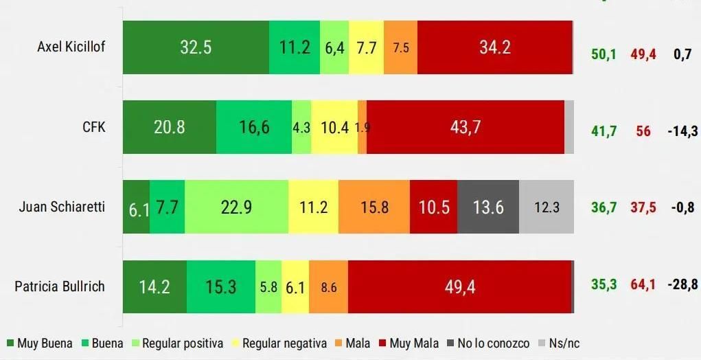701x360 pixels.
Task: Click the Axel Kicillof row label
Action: point(71,47)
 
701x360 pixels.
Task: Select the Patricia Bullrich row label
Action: point(60,286)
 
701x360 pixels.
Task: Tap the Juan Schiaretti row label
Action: point(62,206)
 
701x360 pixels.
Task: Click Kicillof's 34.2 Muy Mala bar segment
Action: point(494,47)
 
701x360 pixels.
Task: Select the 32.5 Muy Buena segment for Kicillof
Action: point(196,47)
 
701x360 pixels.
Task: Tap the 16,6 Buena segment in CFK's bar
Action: point(253,127)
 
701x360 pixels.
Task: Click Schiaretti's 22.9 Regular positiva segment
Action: point(236,207)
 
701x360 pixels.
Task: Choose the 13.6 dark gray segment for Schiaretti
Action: point(487,207)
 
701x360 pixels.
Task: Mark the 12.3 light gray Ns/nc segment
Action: point(547,207)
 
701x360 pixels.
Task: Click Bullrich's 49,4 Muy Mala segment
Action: point(460,286)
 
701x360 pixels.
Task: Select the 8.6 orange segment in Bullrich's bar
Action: point(329,286)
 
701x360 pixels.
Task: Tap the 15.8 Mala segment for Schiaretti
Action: point(374,207)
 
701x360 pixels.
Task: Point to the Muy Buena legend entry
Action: point(40,344)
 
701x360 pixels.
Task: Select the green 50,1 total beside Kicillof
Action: point(604,54)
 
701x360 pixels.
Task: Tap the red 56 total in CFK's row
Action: point(643,131)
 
